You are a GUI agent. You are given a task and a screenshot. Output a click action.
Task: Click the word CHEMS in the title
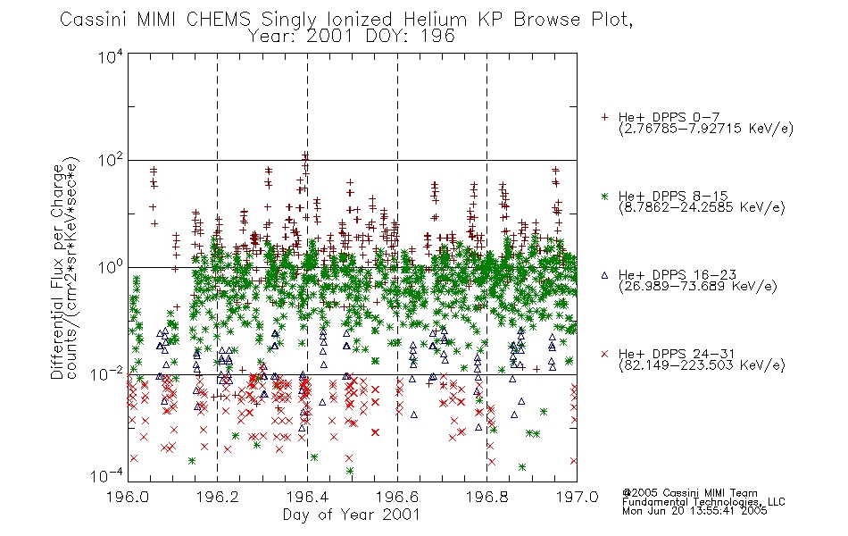(219, 20)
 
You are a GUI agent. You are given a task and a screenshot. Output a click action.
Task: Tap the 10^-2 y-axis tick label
(107, 374)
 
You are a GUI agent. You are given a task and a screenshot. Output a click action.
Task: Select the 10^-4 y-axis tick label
(107, 476)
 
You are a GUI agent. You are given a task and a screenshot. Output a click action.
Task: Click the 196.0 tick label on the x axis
(128, 497)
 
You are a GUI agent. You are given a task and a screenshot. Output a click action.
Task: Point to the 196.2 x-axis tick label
(218, 497)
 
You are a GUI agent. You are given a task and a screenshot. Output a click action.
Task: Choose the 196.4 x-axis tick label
(308, 497)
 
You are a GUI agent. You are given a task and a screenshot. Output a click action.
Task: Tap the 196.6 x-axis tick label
(397, 497)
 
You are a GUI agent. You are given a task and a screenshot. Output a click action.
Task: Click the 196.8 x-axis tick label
(487, 497)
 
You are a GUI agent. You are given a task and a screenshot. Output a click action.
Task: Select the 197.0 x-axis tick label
(577, 497)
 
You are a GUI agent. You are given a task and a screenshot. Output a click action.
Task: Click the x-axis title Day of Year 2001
(352, 515)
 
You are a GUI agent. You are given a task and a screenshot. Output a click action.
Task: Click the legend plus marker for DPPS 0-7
(604, 117)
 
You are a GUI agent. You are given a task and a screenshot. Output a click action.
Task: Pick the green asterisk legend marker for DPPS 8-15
(604, 196)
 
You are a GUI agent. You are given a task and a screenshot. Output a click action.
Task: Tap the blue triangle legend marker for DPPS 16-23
(604, 275)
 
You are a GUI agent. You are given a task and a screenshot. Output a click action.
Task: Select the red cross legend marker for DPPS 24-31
(604, 354)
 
